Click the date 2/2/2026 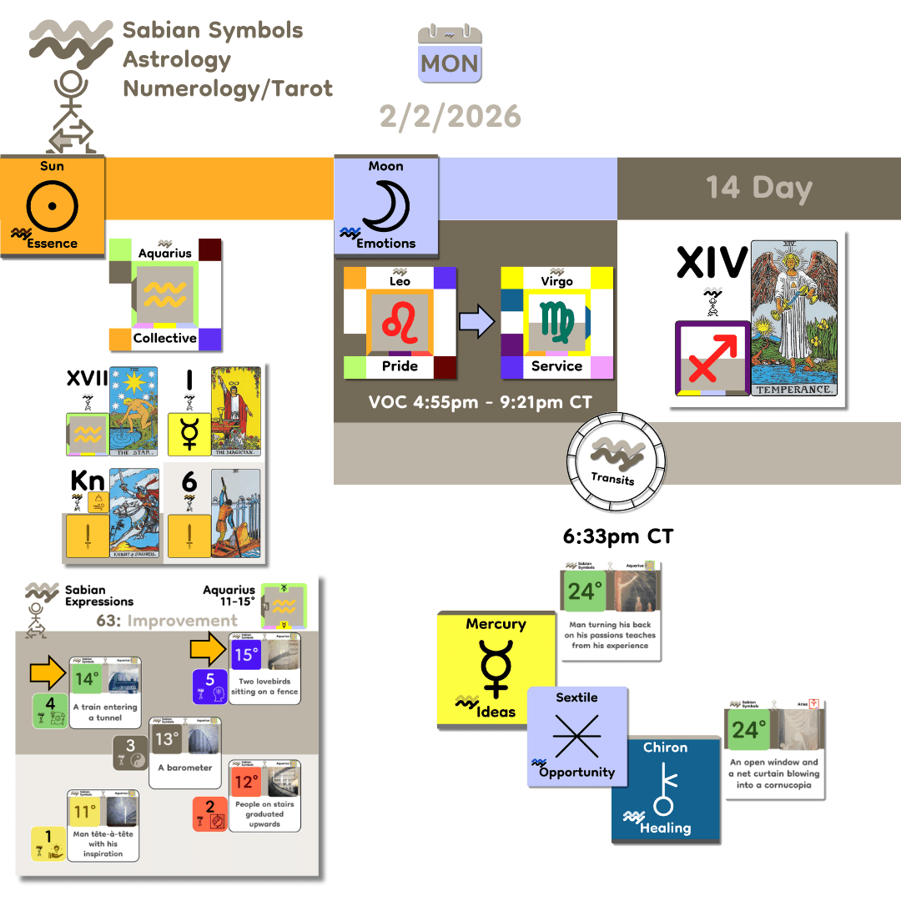coord(450,116)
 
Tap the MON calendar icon coord(450,55)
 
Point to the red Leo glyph coord(399,323)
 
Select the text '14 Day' coord(758,188)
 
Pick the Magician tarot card coord(236,410)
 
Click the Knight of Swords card coord(134,513)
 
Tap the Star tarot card coord(134,410)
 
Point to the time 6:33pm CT coord(617,537)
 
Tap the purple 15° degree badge coord(246,655)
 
